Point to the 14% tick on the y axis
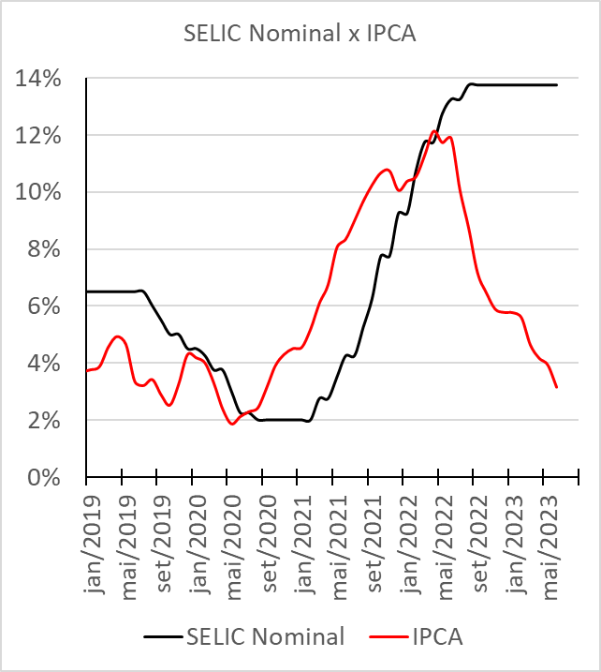click(x=43, y=79)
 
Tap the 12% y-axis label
click(x=43, y=136)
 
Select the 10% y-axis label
click(x=43, y=192)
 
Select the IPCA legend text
click(x=437, y=637)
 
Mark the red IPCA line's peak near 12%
click(x=434, y=131)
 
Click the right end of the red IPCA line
click(x=557, y=386)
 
